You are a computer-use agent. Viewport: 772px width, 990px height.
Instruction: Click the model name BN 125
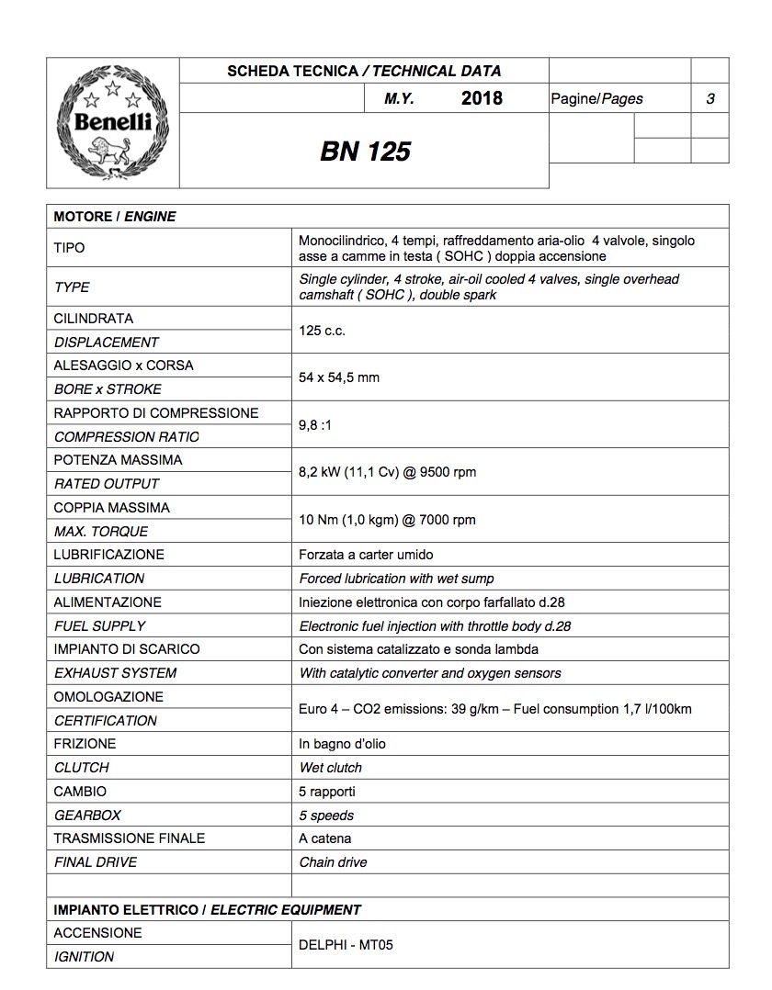pyautogui.click(x=365, y=151)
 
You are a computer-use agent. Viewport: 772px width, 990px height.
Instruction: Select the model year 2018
pyautogui.click(x=482, y=98)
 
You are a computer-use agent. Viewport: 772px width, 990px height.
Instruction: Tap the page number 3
pyautogui.click(x=710, y=98)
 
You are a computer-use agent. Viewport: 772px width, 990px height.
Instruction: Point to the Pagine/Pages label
pyautogui.click(x=596, y=98)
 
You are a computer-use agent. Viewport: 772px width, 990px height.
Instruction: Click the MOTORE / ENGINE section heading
pyautogui.click(x=115, y=217)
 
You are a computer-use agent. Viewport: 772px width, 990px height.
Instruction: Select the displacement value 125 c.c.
pyautogui.click(x=323, y=331)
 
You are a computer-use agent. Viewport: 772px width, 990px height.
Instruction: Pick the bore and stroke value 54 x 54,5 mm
pyautogui.click(x=339, y=377)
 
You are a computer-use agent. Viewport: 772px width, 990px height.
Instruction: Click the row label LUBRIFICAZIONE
pyautogui.click(x=109, y=555)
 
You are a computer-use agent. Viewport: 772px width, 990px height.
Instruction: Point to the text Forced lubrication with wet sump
pyautogui.click(x=397, y=579)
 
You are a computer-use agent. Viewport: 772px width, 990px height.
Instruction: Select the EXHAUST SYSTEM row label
pyautogui.click(x=115, y=673)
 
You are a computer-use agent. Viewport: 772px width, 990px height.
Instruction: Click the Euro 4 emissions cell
pyautogui.click(x=495, y=708)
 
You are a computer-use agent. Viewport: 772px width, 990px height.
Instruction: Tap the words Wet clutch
pyautogui.click(x=331, y=768)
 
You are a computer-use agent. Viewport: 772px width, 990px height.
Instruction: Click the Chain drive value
pyautogui.click(x=333, y=862)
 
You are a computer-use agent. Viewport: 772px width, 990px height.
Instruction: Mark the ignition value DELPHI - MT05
pyautogui.click(x=346, y=944)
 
